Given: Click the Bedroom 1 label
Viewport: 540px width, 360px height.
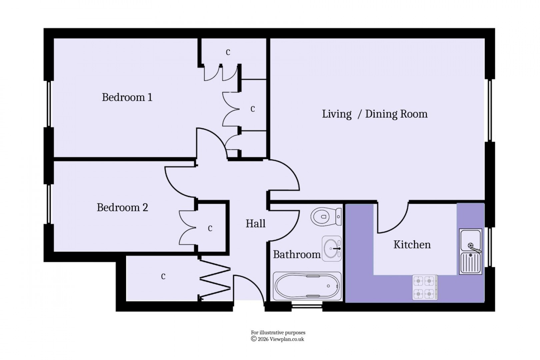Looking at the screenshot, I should pyautogui.click(x=127, y=97).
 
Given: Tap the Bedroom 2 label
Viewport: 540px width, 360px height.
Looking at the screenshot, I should pyautogui.click(x=122, y=207).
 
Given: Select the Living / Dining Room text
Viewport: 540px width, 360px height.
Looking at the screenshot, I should pyautogui.click(x=374, y=114).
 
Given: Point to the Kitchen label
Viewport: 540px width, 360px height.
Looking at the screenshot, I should pyautogui.click(x=412, y=245).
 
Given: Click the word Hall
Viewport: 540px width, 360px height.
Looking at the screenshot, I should pyautogui.click(x=255, y=223).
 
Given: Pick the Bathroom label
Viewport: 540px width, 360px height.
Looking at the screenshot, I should pyautogui.click(x=297, y=255).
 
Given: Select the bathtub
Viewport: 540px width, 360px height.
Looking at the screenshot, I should pyautogui.click(x=307, y=286).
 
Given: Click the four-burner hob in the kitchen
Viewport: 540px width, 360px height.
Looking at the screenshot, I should pyautogui.click(x=425, y=287).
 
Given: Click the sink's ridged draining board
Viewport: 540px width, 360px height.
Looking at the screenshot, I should pyautogui.click(x=470, y=263).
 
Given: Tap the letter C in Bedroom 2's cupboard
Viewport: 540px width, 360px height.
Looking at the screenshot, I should pyautogui.click(x=210, y=228).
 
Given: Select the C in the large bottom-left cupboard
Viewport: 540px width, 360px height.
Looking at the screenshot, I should pyautogui.click(x=163, y=276).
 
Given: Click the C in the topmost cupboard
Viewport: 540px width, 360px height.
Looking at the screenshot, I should pyautogui.click(x=228, y=52).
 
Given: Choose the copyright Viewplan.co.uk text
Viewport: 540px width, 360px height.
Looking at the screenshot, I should pyautogui.click(x=277, y=339).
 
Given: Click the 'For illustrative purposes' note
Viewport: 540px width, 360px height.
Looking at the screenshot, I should pyautogui.click(x=278, y=333).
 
